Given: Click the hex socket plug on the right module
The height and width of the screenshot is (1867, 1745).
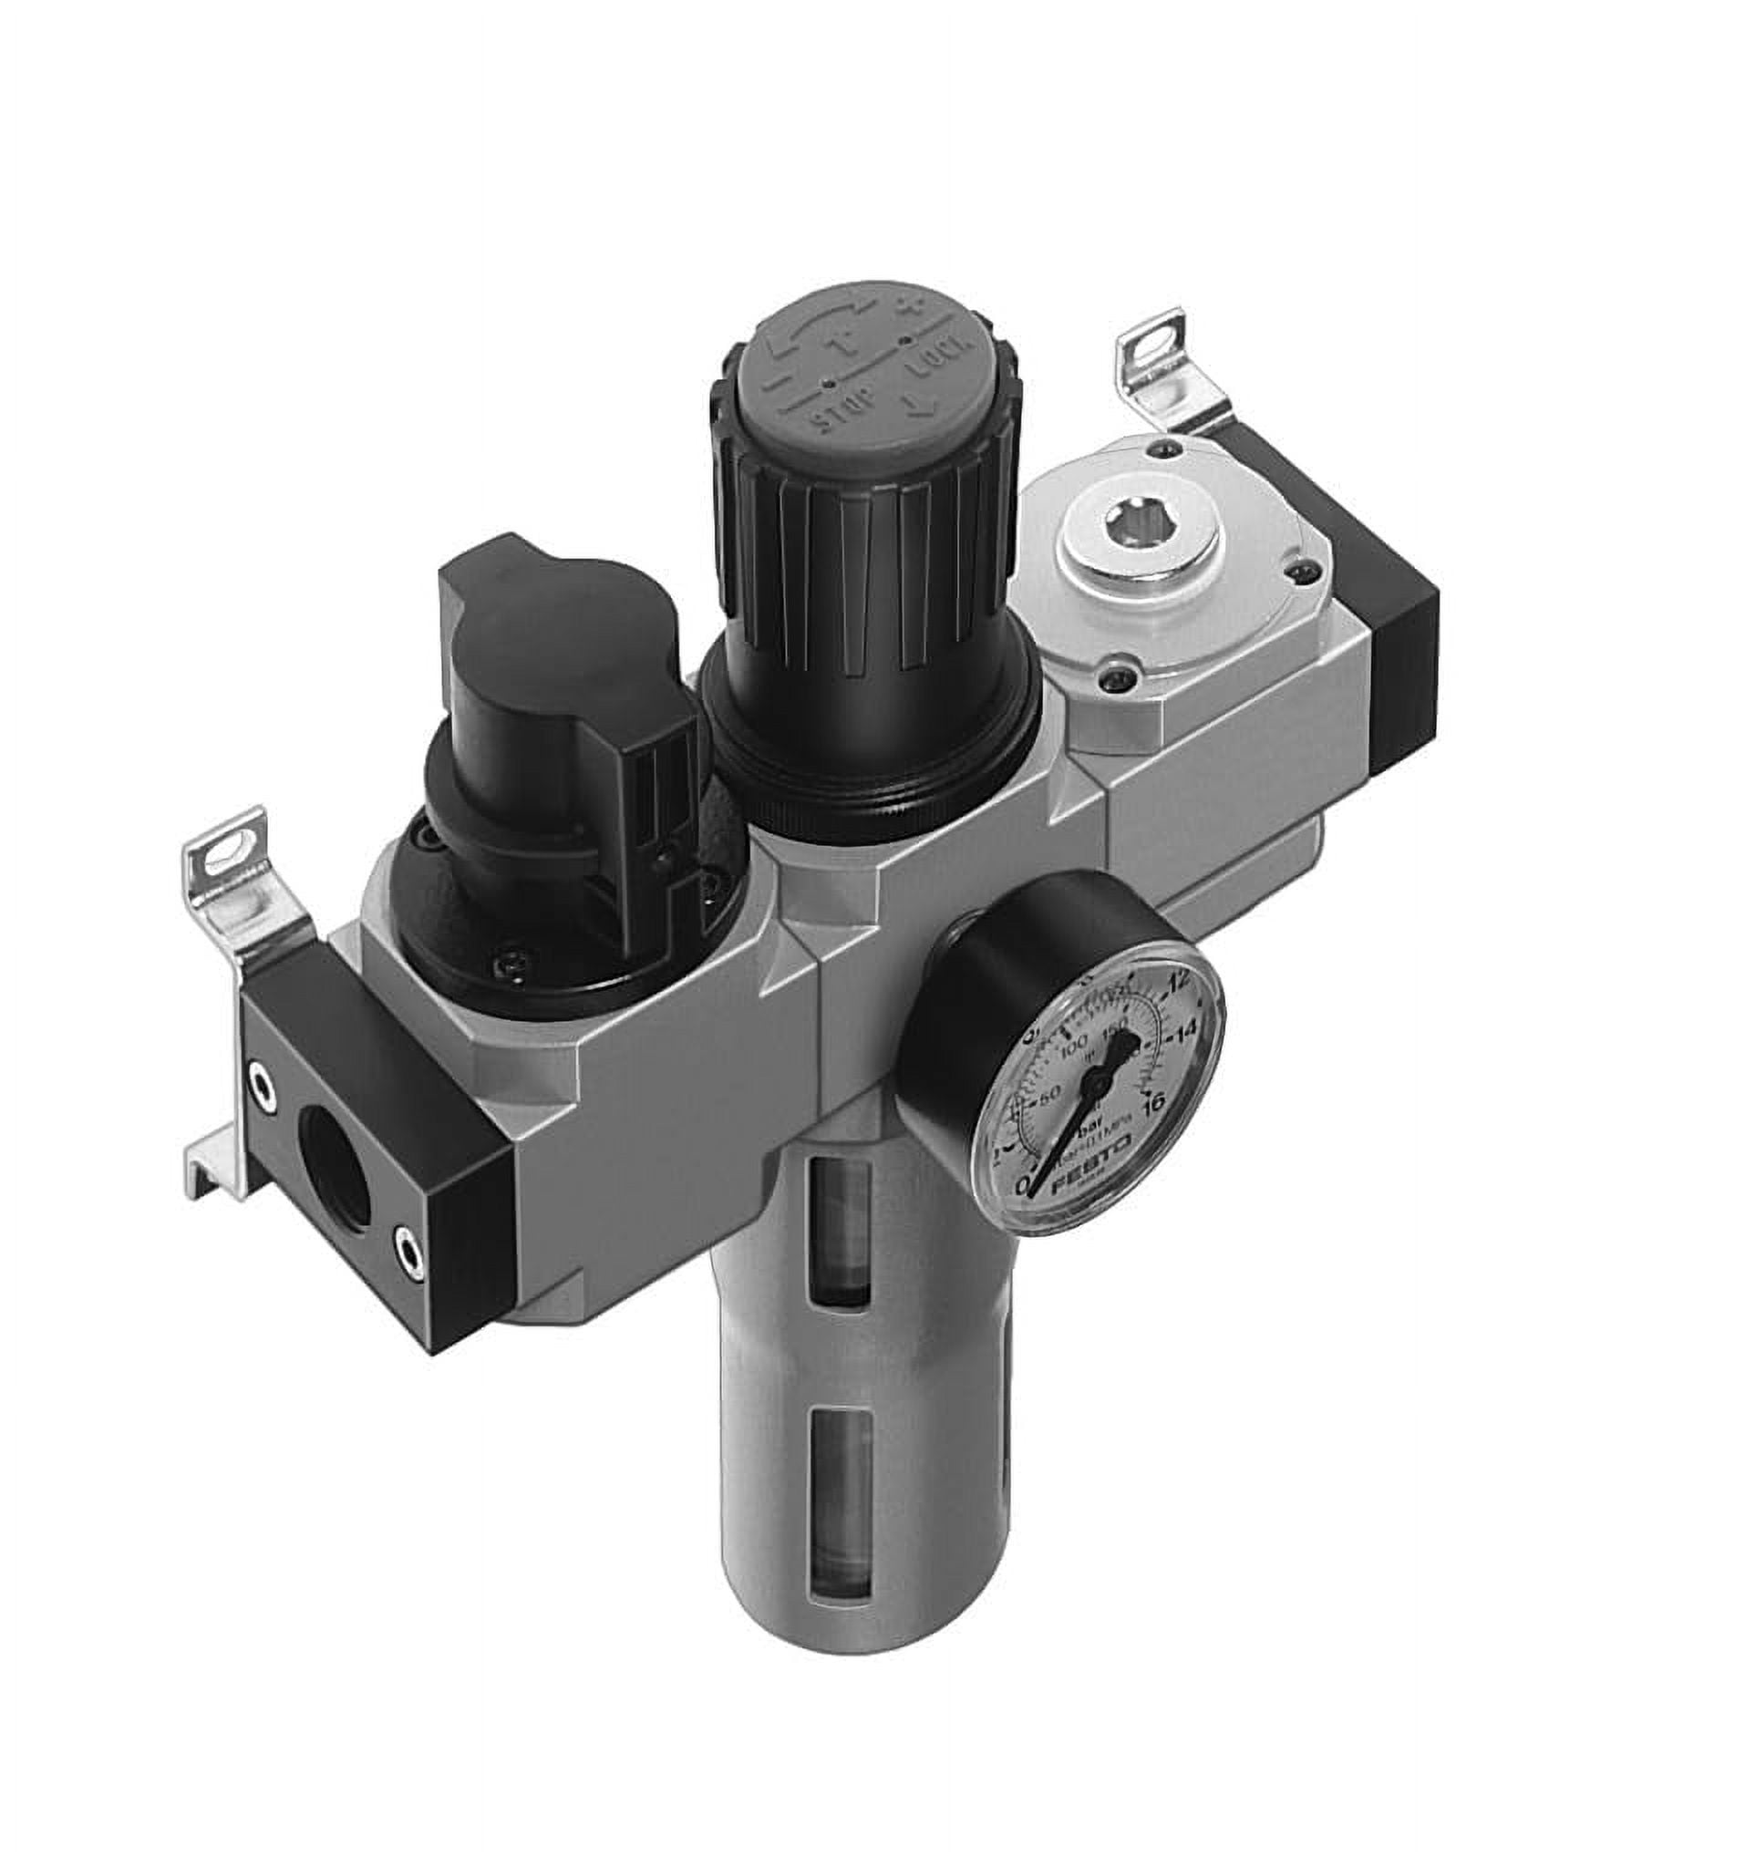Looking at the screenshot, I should pos(1134,517).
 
